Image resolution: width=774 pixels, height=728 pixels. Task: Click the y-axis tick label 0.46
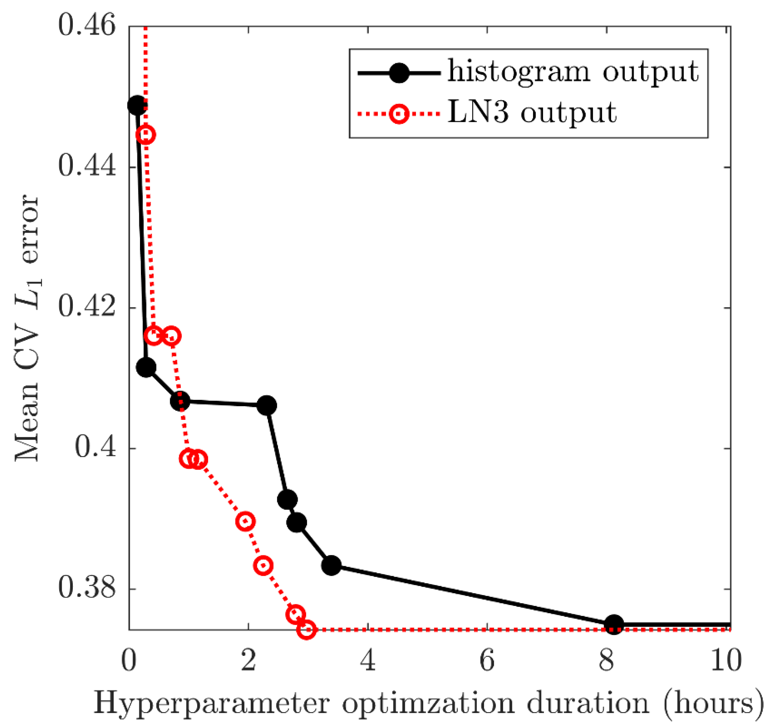pos(87,26)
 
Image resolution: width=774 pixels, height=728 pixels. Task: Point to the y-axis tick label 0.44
pos(87,167)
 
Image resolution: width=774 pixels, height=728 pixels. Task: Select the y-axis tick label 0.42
pos(87,307)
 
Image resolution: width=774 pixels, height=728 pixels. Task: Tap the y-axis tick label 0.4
pos(95,448)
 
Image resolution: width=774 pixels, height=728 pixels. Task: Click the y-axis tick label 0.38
pos(87,589)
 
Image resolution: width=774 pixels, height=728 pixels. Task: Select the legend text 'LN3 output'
pos(532,113)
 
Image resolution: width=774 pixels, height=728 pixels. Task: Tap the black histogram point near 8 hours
pos(614,624)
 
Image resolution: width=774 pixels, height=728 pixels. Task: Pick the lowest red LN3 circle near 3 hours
pos(307,630)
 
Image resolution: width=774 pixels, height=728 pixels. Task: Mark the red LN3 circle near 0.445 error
pos(146,135)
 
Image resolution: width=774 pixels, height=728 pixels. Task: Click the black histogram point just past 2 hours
pos(267,406)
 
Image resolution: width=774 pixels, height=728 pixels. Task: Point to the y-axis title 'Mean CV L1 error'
pos(27,327)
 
